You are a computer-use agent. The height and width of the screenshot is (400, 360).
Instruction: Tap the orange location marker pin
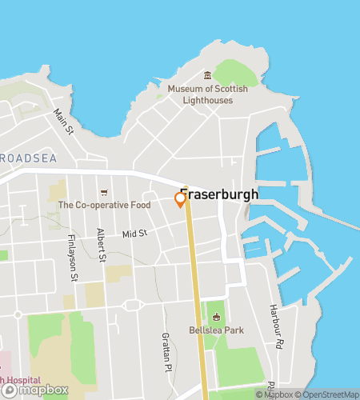(181, 200)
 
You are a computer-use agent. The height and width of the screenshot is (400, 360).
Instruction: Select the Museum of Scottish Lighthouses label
(207, 94)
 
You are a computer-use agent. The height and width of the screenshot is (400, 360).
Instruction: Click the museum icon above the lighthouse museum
(207, 74)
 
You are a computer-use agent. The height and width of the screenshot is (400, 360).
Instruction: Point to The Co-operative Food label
(104, 205)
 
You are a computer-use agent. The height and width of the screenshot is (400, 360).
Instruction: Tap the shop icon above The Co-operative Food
(104, 192)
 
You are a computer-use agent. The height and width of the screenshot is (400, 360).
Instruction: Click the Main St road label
(63, 122)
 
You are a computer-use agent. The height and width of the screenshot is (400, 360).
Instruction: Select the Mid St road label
(135, 234)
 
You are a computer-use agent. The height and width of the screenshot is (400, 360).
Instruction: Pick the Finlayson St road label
(73, 258)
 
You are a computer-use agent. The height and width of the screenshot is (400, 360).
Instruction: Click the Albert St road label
(101, 245)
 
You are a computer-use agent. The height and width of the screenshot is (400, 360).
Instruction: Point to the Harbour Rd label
(276, 320)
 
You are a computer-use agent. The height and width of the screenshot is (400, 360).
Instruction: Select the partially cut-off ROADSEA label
(29, 158)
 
